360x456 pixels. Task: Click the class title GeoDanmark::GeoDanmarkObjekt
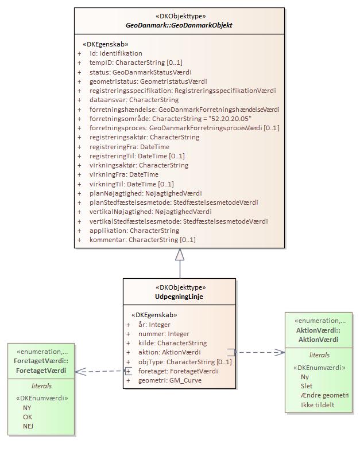point(179,25)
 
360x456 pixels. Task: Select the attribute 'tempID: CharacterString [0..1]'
point(136,63)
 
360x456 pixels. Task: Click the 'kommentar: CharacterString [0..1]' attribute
point(142,240)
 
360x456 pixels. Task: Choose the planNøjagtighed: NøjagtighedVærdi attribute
point(145,193)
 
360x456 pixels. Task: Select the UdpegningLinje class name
point(179,297)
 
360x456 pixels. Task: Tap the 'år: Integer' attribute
point(154,325)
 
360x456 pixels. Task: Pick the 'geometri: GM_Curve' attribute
point(169,380)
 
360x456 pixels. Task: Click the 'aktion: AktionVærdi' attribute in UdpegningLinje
point(169,352)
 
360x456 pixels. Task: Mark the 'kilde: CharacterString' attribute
point(172,343)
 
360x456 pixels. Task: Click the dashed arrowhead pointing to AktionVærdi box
point(280,352)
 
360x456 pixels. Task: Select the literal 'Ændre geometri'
point(324,396)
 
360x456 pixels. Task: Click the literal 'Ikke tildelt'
point(318,405)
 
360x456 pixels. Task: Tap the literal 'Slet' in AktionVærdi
point(307,387)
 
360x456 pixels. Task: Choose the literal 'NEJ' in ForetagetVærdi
point(28,426)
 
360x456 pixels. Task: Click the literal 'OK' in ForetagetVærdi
point(27,417)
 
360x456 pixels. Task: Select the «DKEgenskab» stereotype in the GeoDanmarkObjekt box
point(106,44)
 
